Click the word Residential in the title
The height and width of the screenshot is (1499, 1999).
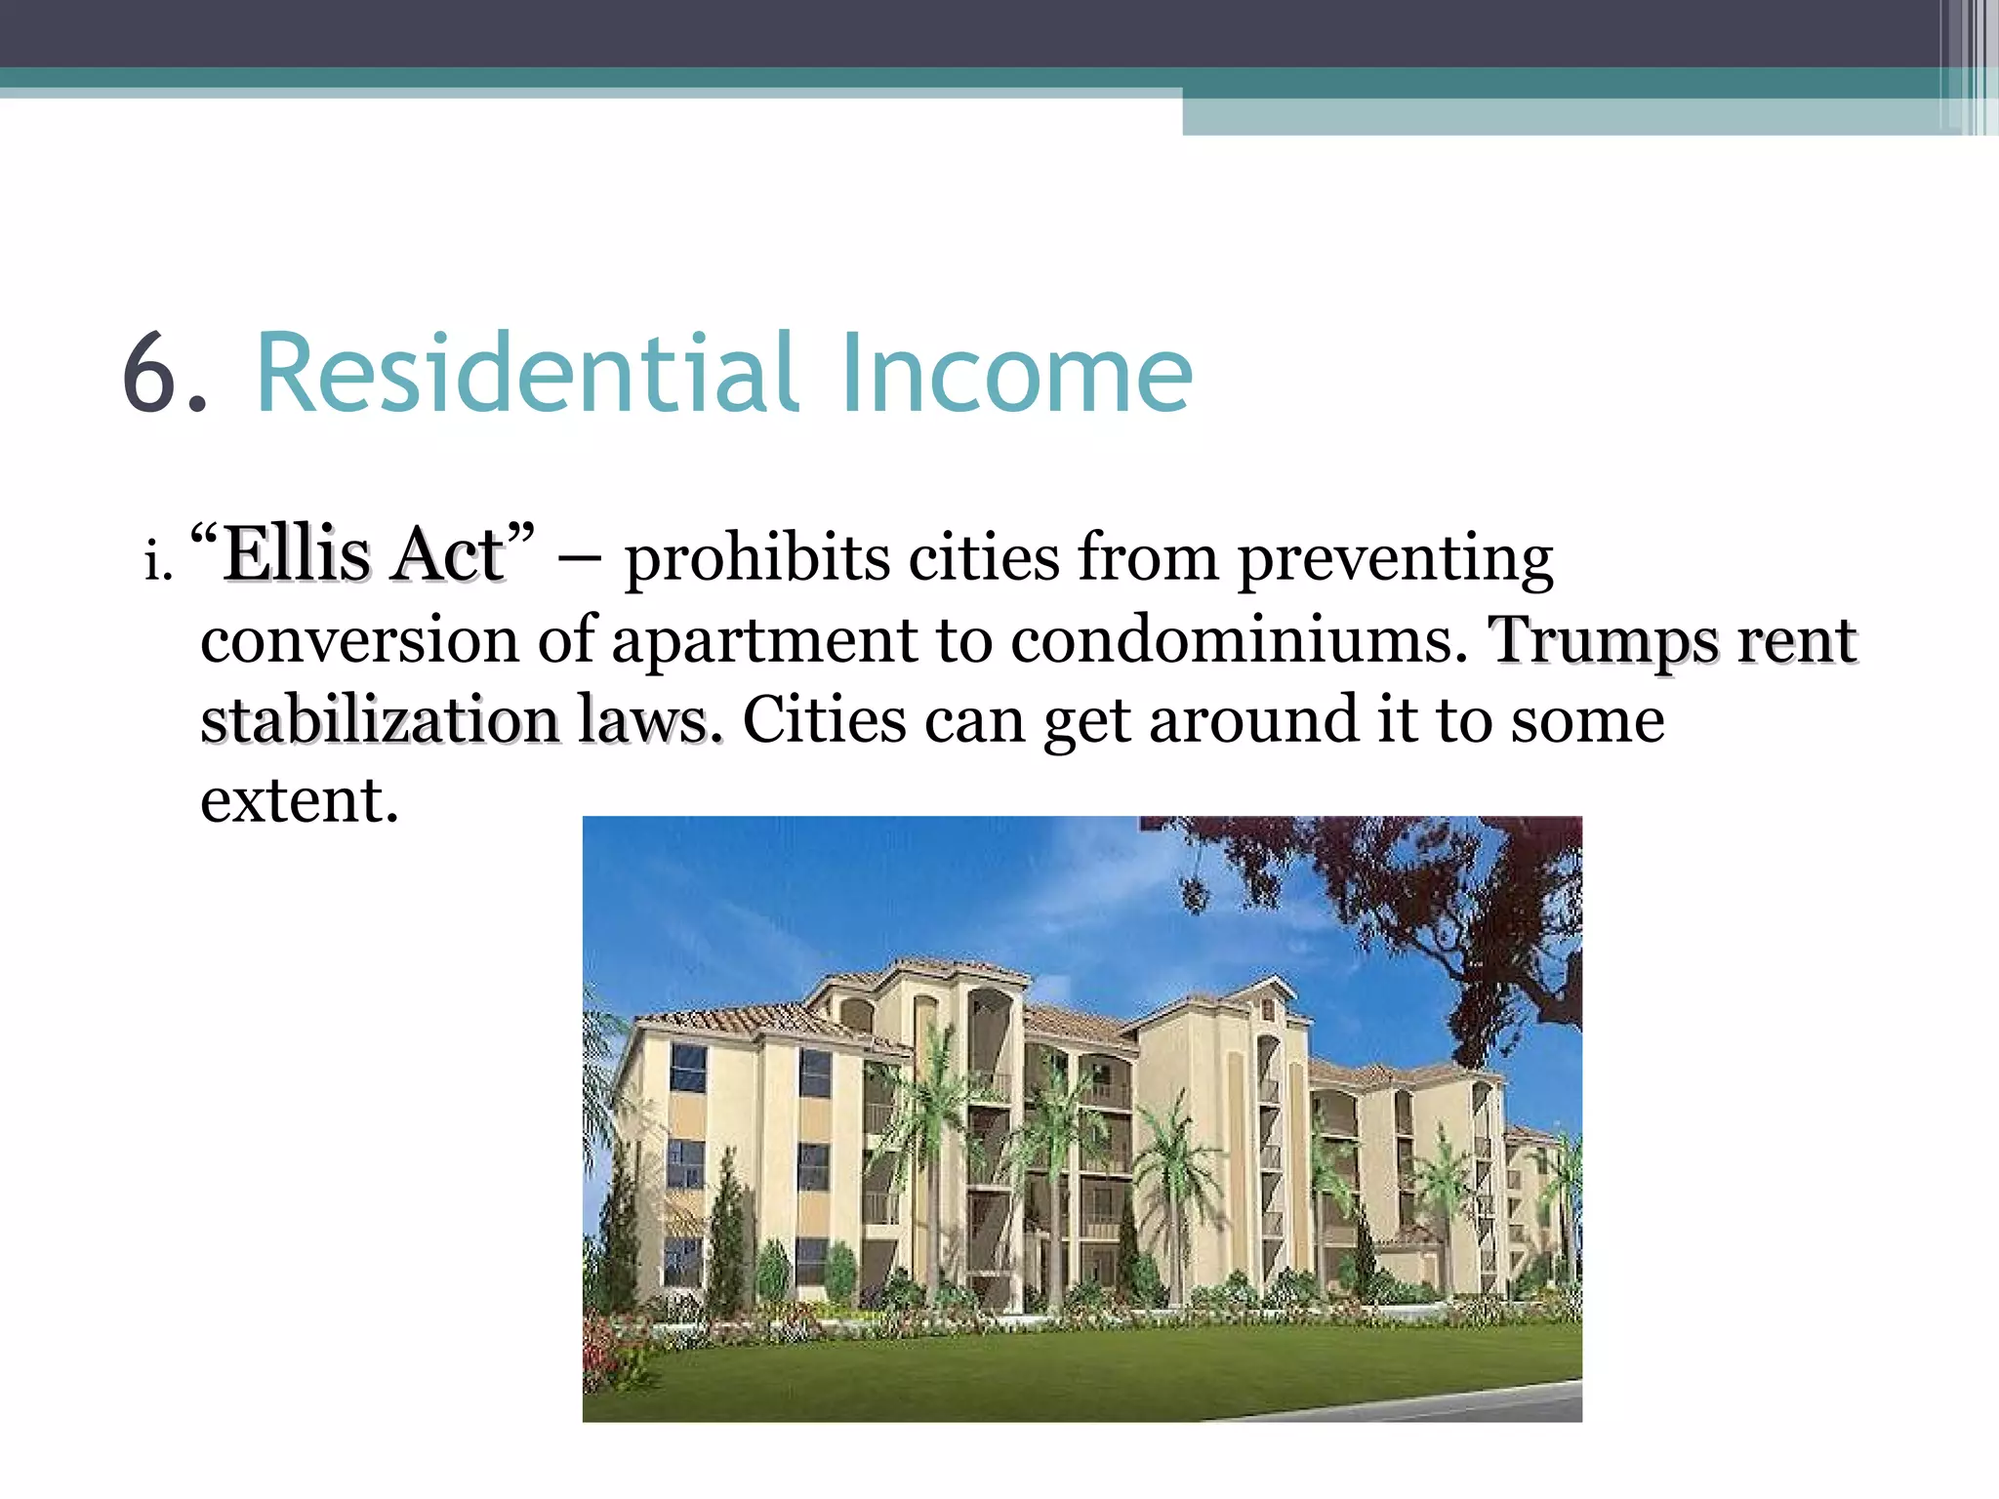point(527,373)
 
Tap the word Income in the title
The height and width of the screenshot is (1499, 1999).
point(1015,373)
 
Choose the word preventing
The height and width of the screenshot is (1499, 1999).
point(1396,560)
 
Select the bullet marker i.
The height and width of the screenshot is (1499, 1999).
point(157,561)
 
